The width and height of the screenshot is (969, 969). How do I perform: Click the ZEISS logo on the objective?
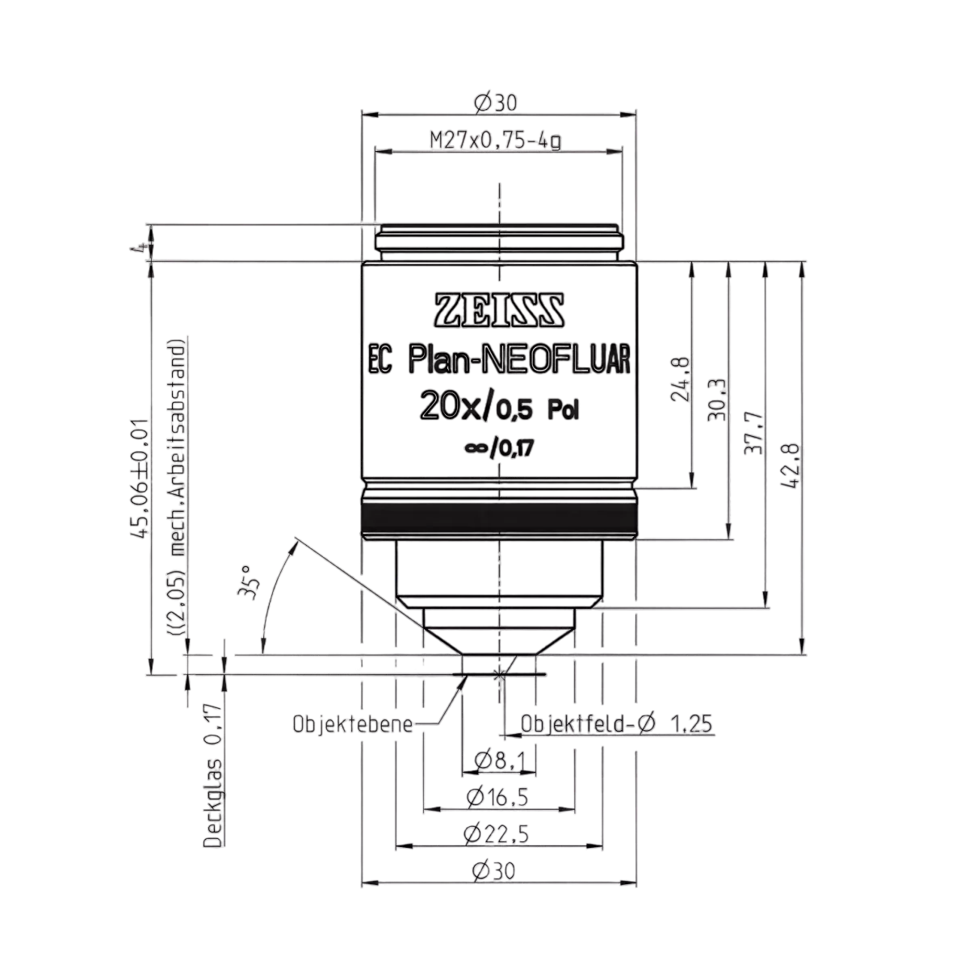(499, 310)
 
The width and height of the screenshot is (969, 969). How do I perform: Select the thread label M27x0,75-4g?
(495, 141)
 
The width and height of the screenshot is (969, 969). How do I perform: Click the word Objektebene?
(353, 724)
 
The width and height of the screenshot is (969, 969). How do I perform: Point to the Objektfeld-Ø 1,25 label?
(616, 724)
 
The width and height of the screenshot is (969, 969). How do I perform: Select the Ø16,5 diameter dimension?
(497, 797)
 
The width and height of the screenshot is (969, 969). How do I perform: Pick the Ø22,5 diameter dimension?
(497, 835)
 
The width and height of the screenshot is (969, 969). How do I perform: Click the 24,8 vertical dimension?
(681, 379)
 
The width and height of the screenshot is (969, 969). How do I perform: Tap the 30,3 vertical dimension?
(716, 400)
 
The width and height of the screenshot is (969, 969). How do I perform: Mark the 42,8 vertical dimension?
(789, 465)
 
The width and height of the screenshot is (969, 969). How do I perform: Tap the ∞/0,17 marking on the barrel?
(498, 447)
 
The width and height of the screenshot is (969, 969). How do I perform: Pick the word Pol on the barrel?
(563, 411)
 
